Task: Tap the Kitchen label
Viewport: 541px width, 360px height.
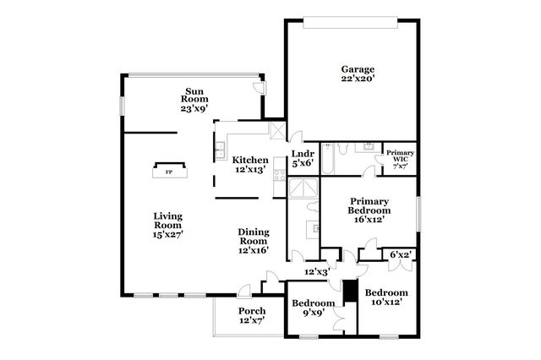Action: (x=250, y=160)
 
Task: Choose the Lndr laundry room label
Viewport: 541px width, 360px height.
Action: (x=303, y=154)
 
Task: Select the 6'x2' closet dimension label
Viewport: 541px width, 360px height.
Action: (x=400, y=254)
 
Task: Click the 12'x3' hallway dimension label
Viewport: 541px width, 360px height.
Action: (x=316, y=271)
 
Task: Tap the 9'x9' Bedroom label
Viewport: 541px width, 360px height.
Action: (x=313, y=303)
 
